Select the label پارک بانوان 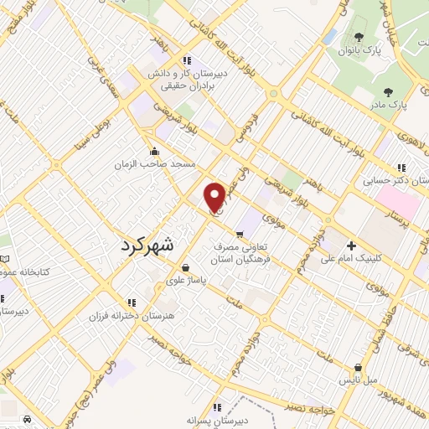coord(360,49)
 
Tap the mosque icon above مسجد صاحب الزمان coord(154,152)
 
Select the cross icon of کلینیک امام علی coord(351,246)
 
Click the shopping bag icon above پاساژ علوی coord(184,269)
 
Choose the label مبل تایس coord(359,380)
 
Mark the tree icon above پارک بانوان coord(359,37)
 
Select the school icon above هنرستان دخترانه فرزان coord(131,302)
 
